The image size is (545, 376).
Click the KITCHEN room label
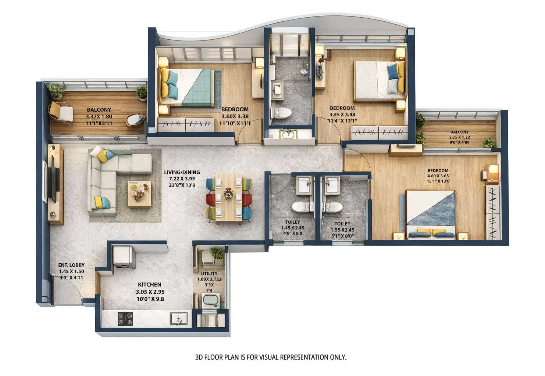pyautogui.click(x=149, y=285)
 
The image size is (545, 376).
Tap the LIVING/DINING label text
pyautogui.click(x=182, y=172)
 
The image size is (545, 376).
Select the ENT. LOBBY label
pyautogui.click(x=71, y=265)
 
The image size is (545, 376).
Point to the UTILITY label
pyautogui.click(x=209, y=274)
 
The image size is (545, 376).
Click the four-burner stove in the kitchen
pyautogui.click(x=125, y=318)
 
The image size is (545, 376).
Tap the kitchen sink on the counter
pyautogui.click(x=179, y=319)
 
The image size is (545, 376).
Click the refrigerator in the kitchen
pyautogui.click(x=124, y=257)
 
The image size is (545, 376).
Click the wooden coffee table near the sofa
pyautogui.click(x=139, y=193)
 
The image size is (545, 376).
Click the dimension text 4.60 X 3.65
pyautogui.click(x=438, y=176)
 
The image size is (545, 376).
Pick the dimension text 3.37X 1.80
pyautogui.click(x=99, y=117)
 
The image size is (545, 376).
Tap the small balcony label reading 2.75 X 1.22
pyautogui.click(x=459, y=137)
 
